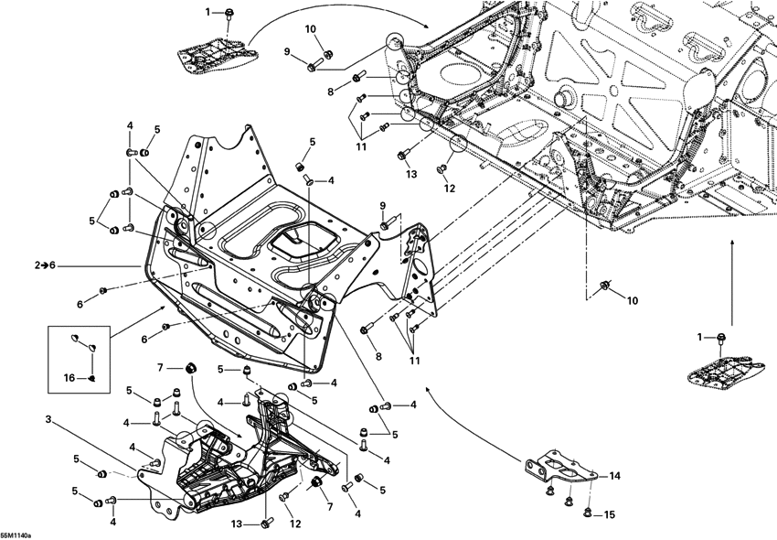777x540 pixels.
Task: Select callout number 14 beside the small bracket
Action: coord(614,476)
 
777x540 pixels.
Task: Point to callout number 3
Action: coord(48,419)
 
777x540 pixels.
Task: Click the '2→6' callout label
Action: coord(45,265)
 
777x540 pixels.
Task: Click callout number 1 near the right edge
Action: coord(701,337)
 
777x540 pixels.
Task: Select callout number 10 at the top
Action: coord(311,29)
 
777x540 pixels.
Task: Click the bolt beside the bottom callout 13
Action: coord(266,522)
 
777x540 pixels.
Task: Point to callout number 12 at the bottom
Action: coord(295,524)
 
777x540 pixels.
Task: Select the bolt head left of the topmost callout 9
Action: coord(313,66)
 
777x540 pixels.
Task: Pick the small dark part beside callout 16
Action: coord(92,376)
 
